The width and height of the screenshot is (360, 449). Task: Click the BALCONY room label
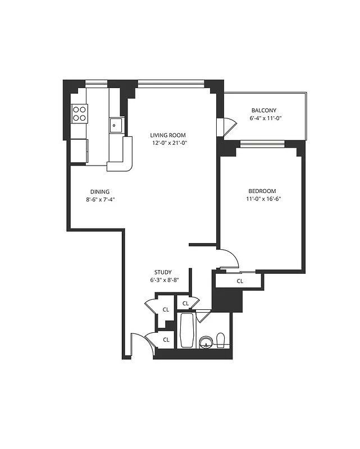(x=264, y=111)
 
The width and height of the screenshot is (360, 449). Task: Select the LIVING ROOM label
(x=167, y=135)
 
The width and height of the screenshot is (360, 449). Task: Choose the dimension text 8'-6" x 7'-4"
(x=101, y=200)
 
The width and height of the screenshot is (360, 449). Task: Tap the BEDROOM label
(x=261, y=191)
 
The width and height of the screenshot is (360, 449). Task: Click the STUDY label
(x=163, y=272)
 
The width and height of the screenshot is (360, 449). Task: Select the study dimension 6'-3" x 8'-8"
(x=163, y=280)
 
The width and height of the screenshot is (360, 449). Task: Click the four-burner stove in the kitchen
(x=79, y=113)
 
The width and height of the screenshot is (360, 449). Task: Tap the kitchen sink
(x=116, y=124)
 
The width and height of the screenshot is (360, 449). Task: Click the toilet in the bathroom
(x=221, y=340)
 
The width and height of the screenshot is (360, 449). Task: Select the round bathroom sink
(x=206, y=342)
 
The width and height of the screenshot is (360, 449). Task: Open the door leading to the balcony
(x=227, y=126)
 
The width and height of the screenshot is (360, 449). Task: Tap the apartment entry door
(x=136, y=345)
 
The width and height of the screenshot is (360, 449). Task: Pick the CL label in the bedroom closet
(x=240, y=281)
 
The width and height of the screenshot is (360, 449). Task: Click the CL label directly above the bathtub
(x=185, y=304)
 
